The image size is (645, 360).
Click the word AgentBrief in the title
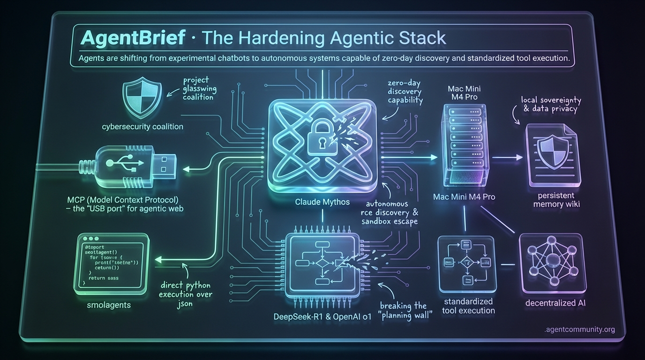[133, 37]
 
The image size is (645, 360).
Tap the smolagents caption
[108, 305]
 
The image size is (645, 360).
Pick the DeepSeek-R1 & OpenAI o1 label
[322, 317]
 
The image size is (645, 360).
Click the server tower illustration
[464, 142]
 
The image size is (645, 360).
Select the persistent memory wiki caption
[557, 200]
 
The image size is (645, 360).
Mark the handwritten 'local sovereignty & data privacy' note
[550, 104]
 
